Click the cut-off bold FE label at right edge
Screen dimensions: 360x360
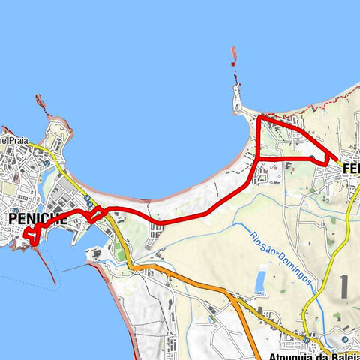click(x=349, y=170)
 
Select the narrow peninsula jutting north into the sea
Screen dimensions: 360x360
click(x=238, y=97)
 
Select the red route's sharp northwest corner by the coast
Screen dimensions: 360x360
click(x=259, y=118)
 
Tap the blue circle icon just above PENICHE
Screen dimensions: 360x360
click(x=16, y=209)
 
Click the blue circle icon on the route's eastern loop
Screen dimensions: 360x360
click(x=311, y=157)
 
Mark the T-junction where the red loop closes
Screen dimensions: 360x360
click(x=259, y=159)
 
